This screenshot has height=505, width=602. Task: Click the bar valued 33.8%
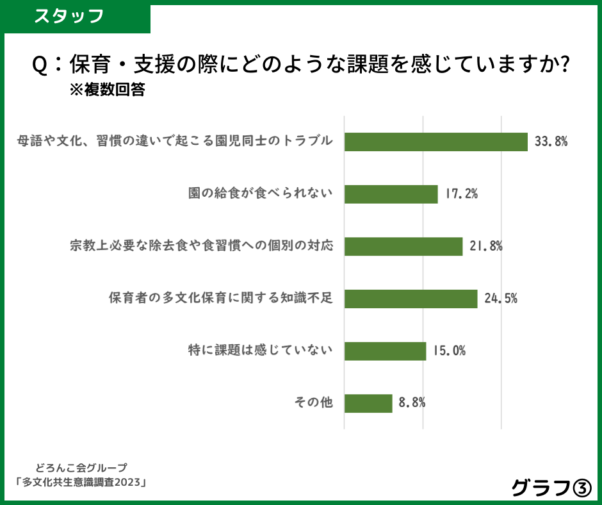435,142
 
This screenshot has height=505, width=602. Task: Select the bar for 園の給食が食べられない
391,194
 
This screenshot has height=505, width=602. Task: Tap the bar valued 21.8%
403,247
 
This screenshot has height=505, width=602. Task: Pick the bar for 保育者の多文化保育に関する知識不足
411,299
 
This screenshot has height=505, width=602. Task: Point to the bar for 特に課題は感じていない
385,351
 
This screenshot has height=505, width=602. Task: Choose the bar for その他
368,403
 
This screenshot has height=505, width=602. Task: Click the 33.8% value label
551,142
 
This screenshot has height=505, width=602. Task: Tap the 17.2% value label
461,194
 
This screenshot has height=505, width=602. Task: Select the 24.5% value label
501,299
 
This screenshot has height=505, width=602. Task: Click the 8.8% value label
412,403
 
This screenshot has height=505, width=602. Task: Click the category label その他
314,403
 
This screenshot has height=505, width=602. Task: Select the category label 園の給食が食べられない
261,194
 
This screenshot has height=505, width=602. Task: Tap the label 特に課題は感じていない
261,351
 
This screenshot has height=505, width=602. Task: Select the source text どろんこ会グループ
81,468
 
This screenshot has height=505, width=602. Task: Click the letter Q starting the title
40,65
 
